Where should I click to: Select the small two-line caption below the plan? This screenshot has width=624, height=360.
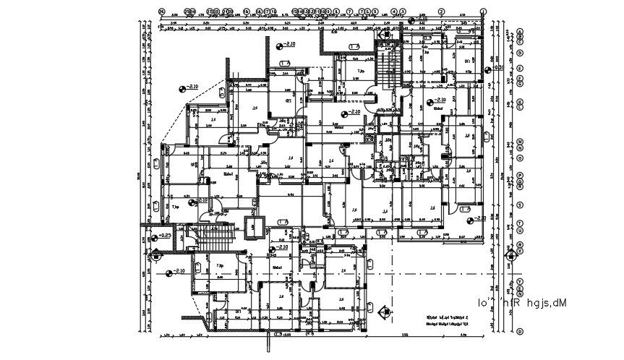click(445, 320)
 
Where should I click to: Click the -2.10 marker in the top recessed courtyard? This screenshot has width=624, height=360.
click(287, 46)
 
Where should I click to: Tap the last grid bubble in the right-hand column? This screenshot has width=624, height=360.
click(520, 331)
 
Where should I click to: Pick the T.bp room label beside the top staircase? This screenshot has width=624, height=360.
click(360, 70)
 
